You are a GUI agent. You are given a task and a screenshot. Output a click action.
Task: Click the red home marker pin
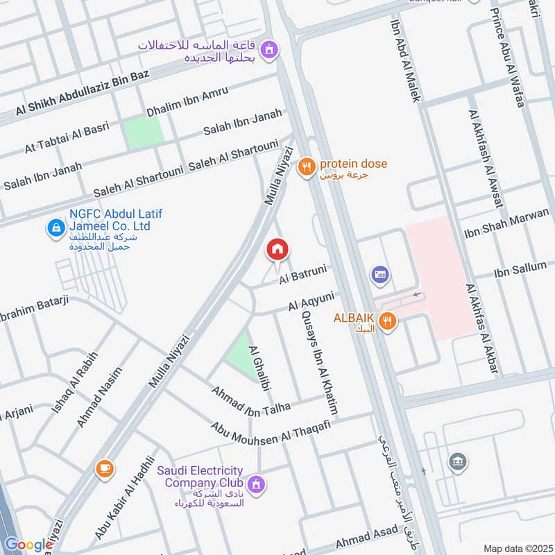coord(277,249)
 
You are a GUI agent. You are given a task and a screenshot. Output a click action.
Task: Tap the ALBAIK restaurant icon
coord(387,321)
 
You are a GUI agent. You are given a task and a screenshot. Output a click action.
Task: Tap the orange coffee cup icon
coord(105,469)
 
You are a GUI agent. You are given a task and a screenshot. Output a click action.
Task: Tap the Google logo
coord(28,545)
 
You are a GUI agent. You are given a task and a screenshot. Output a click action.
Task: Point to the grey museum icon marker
coord(457,461)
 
